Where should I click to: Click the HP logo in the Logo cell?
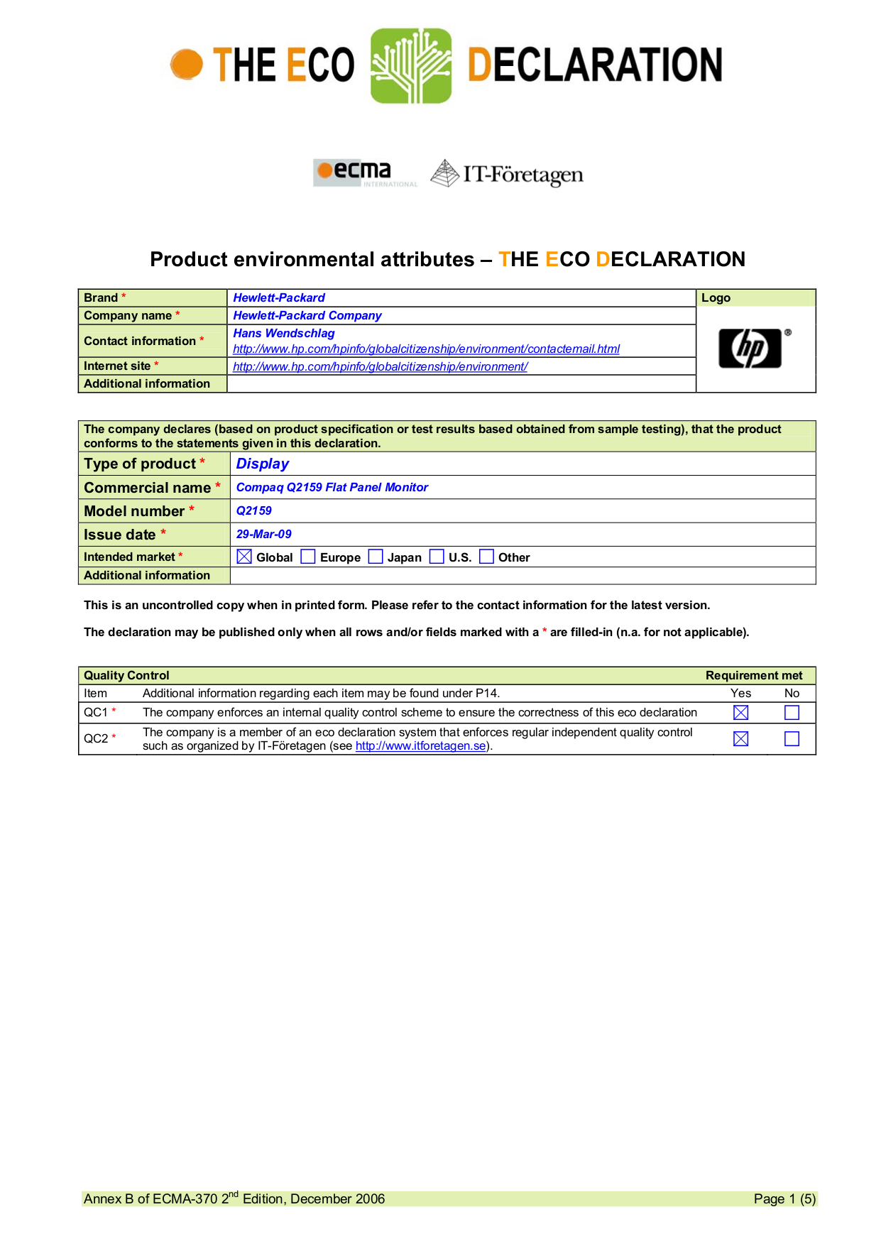[750, 349]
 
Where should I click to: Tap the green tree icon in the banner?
[411, 66]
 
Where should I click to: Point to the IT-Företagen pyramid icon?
[445, 173]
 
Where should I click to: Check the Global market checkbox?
[244, 557]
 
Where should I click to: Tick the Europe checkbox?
[308, 557]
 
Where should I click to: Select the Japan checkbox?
[376, 557]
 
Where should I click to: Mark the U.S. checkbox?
[437, 557]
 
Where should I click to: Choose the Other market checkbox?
[486, 557]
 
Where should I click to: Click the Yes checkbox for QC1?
[740, 712]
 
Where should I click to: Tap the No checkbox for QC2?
[792, 739]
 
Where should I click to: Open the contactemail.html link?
[426, 349]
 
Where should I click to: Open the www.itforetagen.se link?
[420, 746]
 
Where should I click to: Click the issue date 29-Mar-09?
[263, 534]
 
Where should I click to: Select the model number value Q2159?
[253, 510]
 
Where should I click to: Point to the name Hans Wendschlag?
[283, 333]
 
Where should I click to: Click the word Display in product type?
[262, 464]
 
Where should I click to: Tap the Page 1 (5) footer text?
[784, 1199]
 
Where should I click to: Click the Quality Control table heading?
[126, 675]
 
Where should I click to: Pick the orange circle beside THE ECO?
[187, 65]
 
